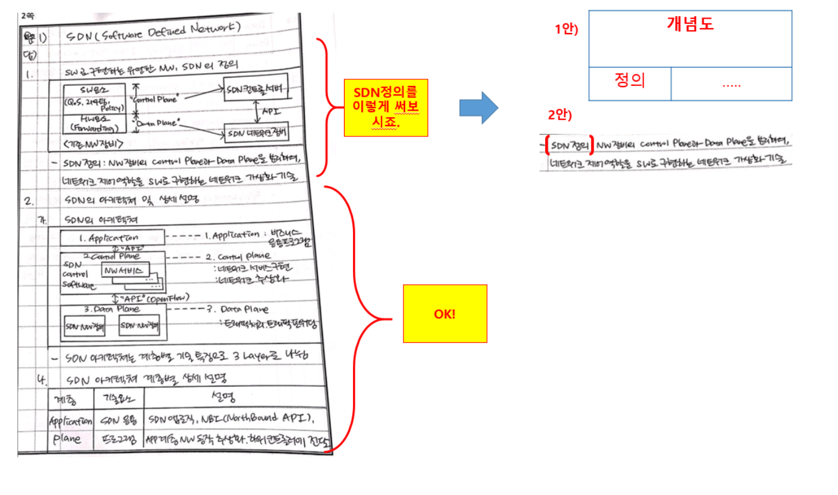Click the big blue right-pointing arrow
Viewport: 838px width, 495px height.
pos(478,108)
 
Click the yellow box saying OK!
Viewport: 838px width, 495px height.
pos(445,314)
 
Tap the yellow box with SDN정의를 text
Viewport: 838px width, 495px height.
pos(385,108)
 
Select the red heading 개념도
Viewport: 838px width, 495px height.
pos(690,24)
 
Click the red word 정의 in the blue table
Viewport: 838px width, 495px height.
pos(630,80)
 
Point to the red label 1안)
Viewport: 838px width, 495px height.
pos(566,28)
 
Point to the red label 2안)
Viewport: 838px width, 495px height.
pos(559,114)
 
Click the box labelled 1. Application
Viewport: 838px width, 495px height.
pos(111,238)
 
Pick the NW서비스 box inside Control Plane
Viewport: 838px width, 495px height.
pos(125,271)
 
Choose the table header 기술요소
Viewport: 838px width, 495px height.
pos(119,399)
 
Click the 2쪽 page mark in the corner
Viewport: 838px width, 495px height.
pos(28,16)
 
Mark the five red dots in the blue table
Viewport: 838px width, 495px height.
pos(731,85)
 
